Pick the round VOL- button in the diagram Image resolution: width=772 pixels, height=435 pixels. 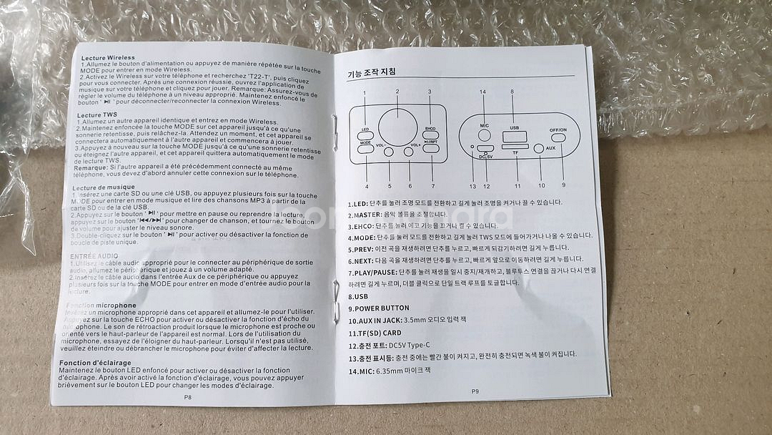click(x=389, y=152)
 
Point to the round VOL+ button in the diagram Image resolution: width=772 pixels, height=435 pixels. click(x=410, y=152)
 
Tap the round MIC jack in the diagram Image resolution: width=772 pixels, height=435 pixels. click(x=483, y=134)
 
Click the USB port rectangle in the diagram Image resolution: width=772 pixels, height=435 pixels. click(x=513, y=137)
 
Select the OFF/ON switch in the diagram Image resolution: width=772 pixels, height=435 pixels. click(x=558, y=138)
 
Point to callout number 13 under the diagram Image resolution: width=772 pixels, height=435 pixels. click(x=472, y=187)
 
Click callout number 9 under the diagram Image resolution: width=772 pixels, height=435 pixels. click(x=563, y=185)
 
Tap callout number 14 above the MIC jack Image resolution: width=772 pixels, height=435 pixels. click(x=482, y=92)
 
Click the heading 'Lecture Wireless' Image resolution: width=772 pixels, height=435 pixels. click(x=108, y=57)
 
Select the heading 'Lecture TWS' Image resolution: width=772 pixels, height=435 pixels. click(x=97, y=114)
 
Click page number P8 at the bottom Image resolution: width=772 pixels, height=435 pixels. click(x=187, y=395)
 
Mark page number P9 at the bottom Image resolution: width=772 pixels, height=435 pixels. click(x=475, y=391)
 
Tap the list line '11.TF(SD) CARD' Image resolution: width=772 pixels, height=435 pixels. click(x=375, y=333)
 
